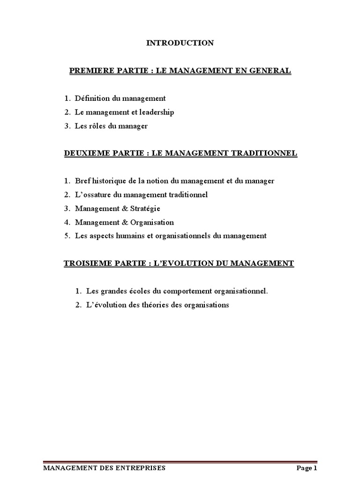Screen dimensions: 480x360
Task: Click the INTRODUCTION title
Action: coord(180,43)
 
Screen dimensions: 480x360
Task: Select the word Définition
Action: coord(92,98)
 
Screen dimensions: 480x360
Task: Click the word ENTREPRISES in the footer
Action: coord(136,468)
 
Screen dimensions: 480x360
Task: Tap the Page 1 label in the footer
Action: coord(307,468)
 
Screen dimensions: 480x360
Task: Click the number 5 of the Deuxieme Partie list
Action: coord(67,236)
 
